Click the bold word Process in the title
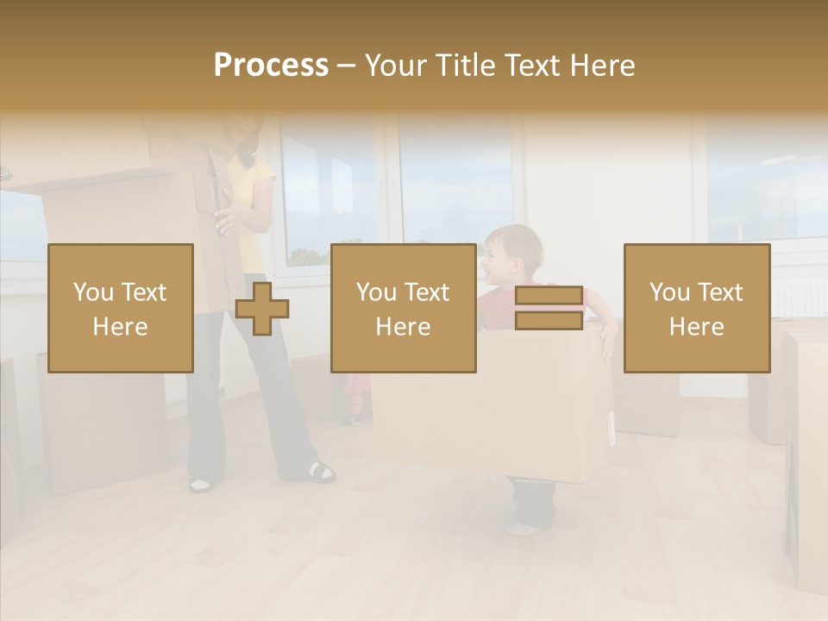pos(271,66)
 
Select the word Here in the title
pos(601,66)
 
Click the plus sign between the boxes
pos(262,309)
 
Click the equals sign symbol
pos(549,308)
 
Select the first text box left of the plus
pos(121,308)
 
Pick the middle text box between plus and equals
pos(404,308)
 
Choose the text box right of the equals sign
pos(697,308)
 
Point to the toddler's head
pos(513,254)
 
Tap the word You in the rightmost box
pos(669,292)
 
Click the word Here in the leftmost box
pos(121,326)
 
